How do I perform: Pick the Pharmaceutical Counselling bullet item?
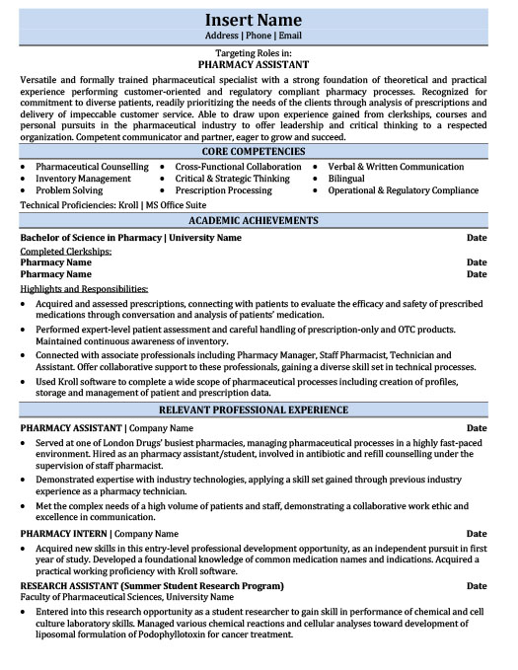coord(92,167)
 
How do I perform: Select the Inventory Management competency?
coord(83,179)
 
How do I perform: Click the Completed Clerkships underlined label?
coord(65,252)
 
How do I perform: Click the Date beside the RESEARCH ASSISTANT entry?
coord(477,585)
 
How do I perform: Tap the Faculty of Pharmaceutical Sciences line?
coord(127,597)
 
